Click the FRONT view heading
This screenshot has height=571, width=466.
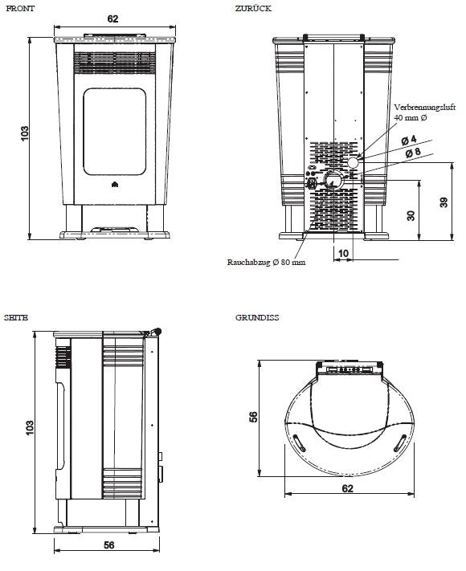[x=20, y=9]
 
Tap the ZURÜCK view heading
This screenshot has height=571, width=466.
[x=253, y=8]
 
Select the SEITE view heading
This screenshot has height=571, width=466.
[x=16, y=317]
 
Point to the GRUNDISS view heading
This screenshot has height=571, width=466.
[x=257, y=317]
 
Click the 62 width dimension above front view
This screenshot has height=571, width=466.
[x=113, y=18]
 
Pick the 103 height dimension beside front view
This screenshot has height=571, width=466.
[x=24, y=133]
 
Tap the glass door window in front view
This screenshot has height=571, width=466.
[x=115, y=132]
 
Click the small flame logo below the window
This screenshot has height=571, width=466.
[x=115, y=184]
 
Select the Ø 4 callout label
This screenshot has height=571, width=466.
[x=409, y=141]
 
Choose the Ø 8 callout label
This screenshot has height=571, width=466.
[x=413, y=153]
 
